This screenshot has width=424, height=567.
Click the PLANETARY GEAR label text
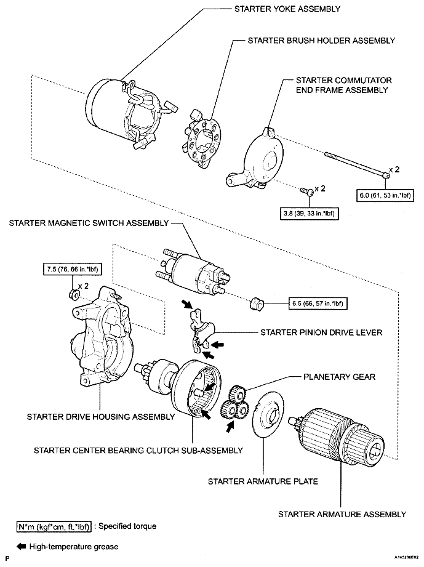point(338,376)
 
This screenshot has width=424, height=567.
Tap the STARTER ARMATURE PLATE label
point(263,481)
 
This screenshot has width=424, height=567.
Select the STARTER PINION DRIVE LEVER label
point(321,332)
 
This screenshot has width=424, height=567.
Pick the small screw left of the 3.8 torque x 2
point(305,191)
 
